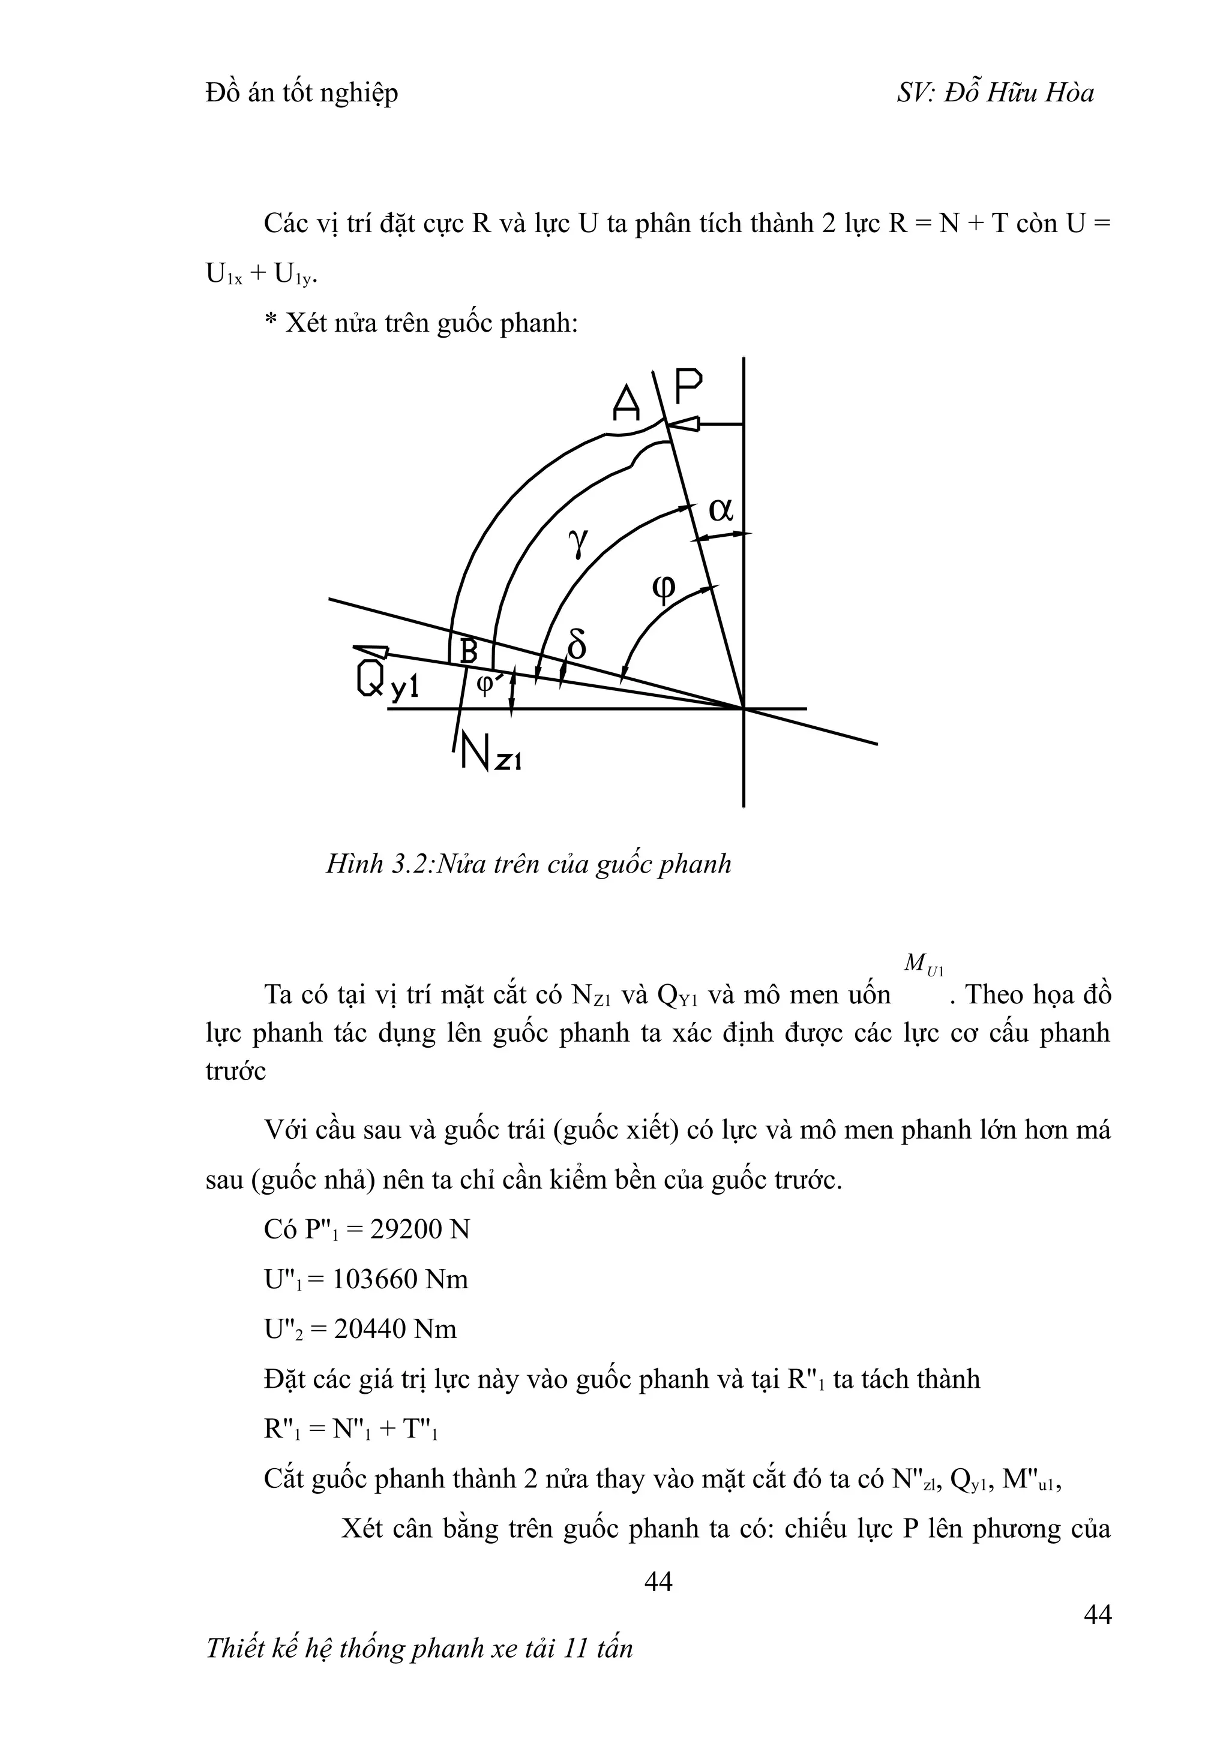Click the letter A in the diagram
(627, 402)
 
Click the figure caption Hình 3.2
(529, 864)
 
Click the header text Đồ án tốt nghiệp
(301, 93)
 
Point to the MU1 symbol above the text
(923, 964)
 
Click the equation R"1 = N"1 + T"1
(352, 1429)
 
